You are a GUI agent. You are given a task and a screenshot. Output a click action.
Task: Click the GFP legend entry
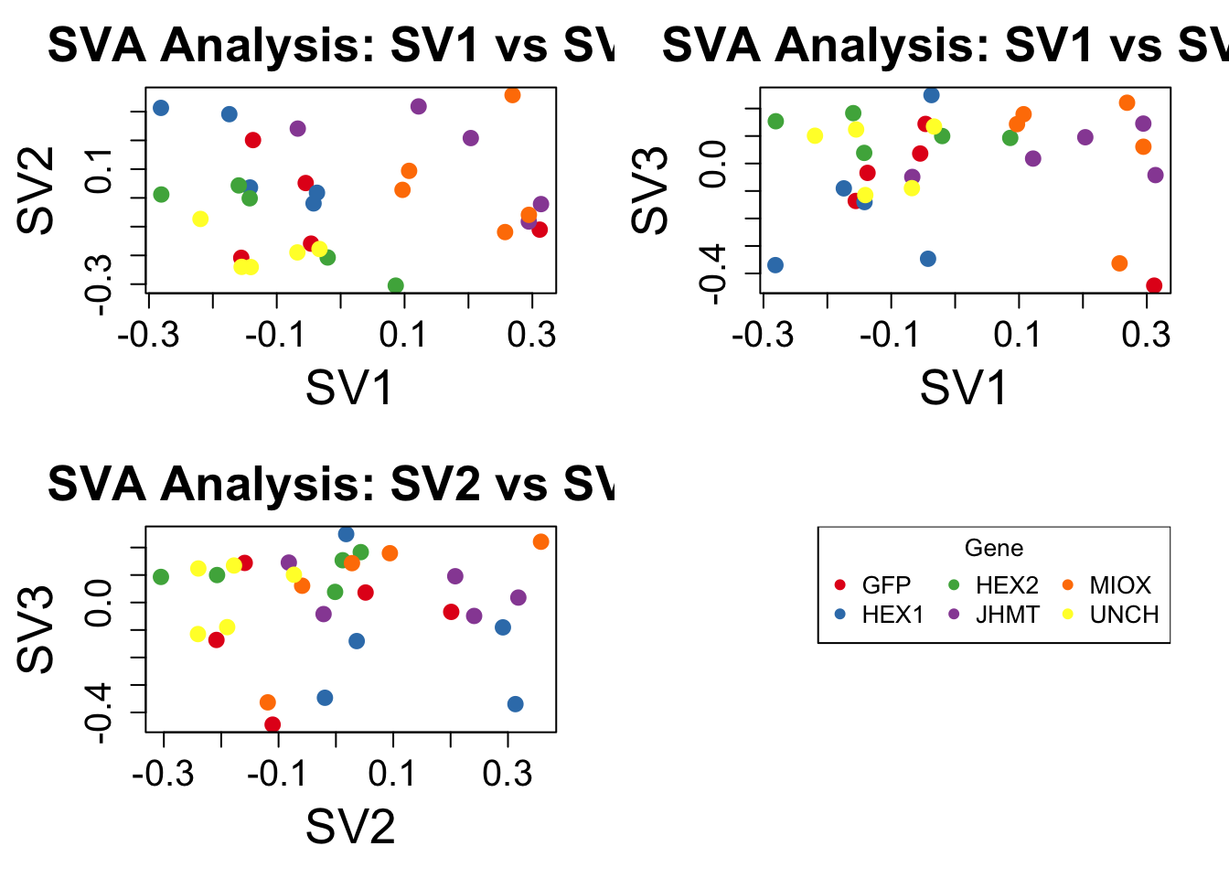coord(885,585)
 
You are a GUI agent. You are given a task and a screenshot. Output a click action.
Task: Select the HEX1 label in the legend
coord(892,615)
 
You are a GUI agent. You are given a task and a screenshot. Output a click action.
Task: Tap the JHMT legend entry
coord(1007,615)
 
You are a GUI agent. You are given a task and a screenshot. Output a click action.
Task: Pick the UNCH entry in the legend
coord(1124,615)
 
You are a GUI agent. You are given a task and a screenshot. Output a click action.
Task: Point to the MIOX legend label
coord(1119,585)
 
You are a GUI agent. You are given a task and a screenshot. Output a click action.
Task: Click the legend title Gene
coord(994,548)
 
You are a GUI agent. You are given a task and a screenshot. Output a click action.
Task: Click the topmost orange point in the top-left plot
coord(512,95)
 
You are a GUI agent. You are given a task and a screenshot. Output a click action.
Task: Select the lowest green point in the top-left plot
coord(396,286)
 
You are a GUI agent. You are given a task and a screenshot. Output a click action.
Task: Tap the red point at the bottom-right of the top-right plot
coord(1154,286)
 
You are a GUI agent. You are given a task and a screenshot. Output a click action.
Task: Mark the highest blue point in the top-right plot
coord(931,95)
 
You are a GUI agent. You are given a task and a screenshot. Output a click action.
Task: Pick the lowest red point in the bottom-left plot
coord(273,725)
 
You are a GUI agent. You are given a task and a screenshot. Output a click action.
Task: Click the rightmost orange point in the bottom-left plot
coord(540,541)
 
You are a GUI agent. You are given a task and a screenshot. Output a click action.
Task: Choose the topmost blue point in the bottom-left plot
coord(346,534)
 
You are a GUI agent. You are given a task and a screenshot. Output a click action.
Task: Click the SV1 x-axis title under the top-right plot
coord(964,388)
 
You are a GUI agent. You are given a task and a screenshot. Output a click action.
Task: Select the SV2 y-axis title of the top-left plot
coord(37,190)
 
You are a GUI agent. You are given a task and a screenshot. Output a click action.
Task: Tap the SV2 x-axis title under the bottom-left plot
coord(350,827)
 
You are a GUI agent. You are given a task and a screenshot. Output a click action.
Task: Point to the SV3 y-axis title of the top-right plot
coord(651,190)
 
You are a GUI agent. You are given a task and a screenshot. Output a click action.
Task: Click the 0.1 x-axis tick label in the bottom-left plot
coord(392,775)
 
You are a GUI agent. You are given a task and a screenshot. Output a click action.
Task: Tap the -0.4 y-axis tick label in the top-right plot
coord(712,273)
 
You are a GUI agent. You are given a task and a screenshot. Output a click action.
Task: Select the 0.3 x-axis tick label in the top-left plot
coord(531,336)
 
